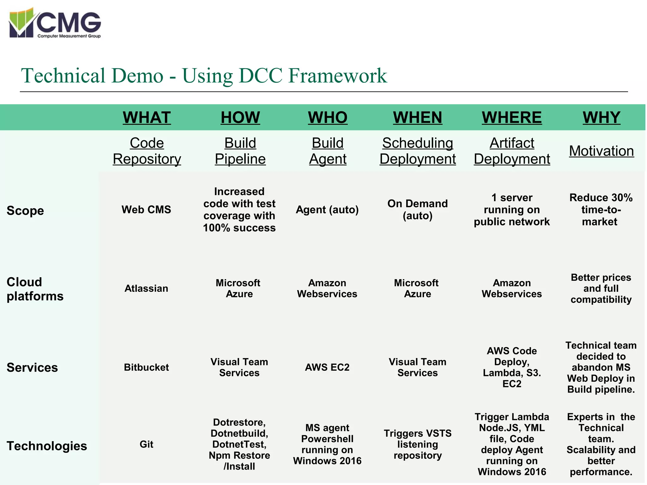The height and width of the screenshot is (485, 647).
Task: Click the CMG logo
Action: (x=55, y=23)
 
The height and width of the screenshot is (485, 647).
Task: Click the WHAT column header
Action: (x=147, y=117)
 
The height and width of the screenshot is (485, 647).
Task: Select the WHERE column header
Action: (x=511, y=117)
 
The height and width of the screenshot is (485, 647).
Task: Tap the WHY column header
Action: (x=601, y=117)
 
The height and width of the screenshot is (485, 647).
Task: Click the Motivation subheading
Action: (x=601, y=151)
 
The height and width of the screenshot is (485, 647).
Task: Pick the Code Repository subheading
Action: (x=147, y=151)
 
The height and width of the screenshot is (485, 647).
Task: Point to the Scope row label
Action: (x=25, y=210)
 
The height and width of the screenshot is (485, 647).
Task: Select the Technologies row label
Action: (x=47, y=446)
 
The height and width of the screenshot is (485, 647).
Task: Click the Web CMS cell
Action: (x=146, y=210)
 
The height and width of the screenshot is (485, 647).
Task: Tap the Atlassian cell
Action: (x=146, y=288)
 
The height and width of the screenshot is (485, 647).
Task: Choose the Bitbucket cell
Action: (x=146, y=367)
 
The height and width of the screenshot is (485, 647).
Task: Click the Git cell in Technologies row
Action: (x=146, y=444)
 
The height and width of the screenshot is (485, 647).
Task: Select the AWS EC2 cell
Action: (x=327, y=367)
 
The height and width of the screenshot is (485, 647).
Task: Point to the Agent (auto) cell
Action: (x=327, y=210)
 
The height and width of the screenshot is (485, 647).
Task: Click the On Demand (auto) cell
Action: (x=417, y=210)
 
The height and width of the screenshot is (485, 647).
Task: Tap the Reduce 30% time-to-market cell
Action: (x=601, y=210)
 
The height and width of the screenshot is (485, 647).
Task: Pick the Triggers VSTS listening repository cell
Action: (x=417, y=444)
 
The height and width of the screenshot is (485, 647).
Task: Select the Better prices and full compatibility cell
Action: (x=601, y=288)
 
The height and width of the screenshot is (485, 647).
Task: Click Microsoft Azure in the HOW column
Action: (x=239, y=288)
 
